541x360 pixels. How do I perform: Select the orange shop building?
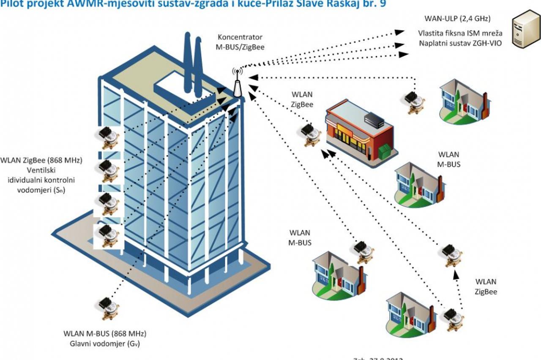[x=359, y=131]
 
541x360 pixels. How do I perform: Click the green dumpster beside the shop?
[x=385, y=151]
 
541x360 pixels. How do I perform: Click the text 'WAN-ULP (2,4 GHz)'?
[x=457, y=19]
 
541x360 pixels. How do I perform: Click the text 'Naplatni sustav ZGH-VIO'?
[x=460, y=43]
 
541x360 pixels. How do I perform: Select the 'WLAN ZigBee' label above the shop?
[x=302, y=99]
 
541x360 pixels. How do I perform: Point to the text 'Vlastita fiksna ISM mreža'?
[x=460, y=33]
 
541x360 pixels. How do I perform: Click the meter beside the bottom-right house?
[x=452, y=319]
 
